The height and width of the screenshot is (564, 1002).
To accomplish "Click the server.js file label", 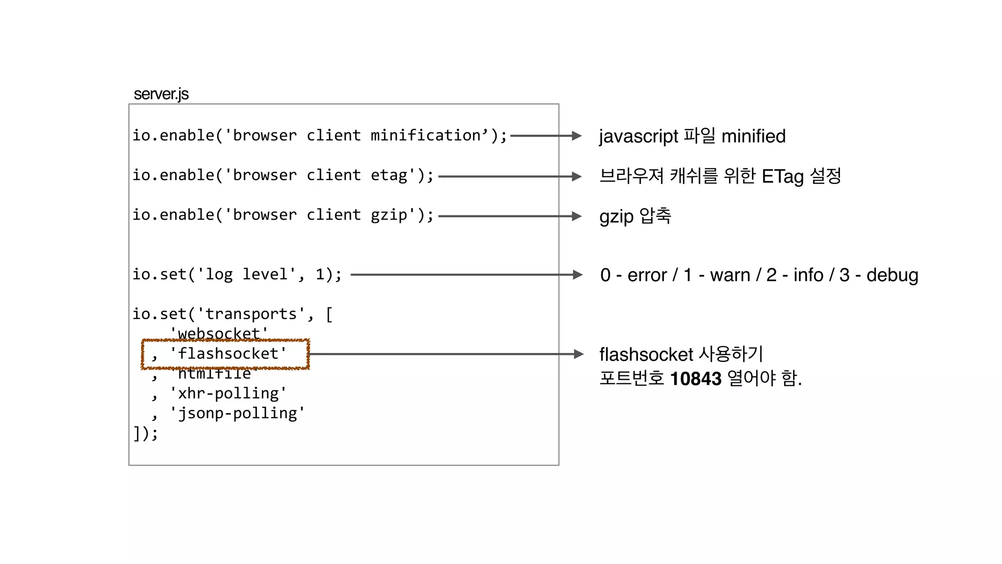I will (161, 94).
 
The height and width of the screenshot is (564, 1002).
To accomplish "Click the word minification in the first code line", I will (426, 136).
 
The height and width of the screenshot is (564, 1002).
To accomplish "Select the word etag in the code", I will (389, 175).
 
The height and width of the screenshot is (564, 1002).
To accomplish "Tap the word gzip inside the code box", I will (389, 215).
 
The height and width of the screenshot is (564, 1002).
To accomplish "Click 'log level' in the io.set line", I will (247, 274).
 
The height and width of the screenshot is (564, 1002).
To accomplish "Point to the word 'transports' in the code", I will (251, 314).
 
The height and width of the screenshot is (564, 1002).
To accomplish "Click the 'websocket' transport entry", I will (219, 333).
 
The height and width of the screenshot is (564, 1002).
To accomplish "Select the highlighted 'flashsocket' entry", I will (228, 353).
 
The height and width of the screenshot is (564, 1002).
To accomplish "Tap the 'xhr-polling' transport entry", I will (228, 393).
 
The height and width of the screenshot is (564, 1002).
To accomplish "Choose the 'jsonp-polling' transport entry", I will (237, 413).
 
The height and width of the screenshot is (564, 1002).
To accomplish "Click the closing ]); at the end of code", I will (146, 433).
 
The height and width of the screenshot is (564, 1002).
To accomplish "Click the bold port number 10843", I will (695, 378).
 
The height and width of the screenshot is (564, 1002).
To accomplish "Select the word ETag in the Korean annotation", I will (782, 176).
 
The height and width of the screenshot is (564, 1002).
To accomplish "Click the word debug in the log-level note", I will (892, 275).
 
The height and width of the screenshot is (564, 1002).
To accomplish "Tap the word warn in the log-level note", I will (729, 275).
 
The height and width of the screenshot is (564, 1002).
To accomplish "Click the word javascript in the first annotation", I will (638, 137).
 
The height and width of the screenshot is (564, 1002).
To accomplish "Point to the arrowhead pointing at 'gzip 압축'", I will (577, 216).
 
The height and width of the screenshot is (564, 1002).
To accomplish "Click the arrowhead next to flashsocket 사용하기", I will (579, 354).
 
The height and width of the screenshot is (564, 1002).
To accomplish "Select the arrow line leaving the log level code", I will (460, 275).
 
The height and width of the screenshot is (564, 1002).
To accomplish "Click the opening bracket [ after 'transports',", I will (329, 314).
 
